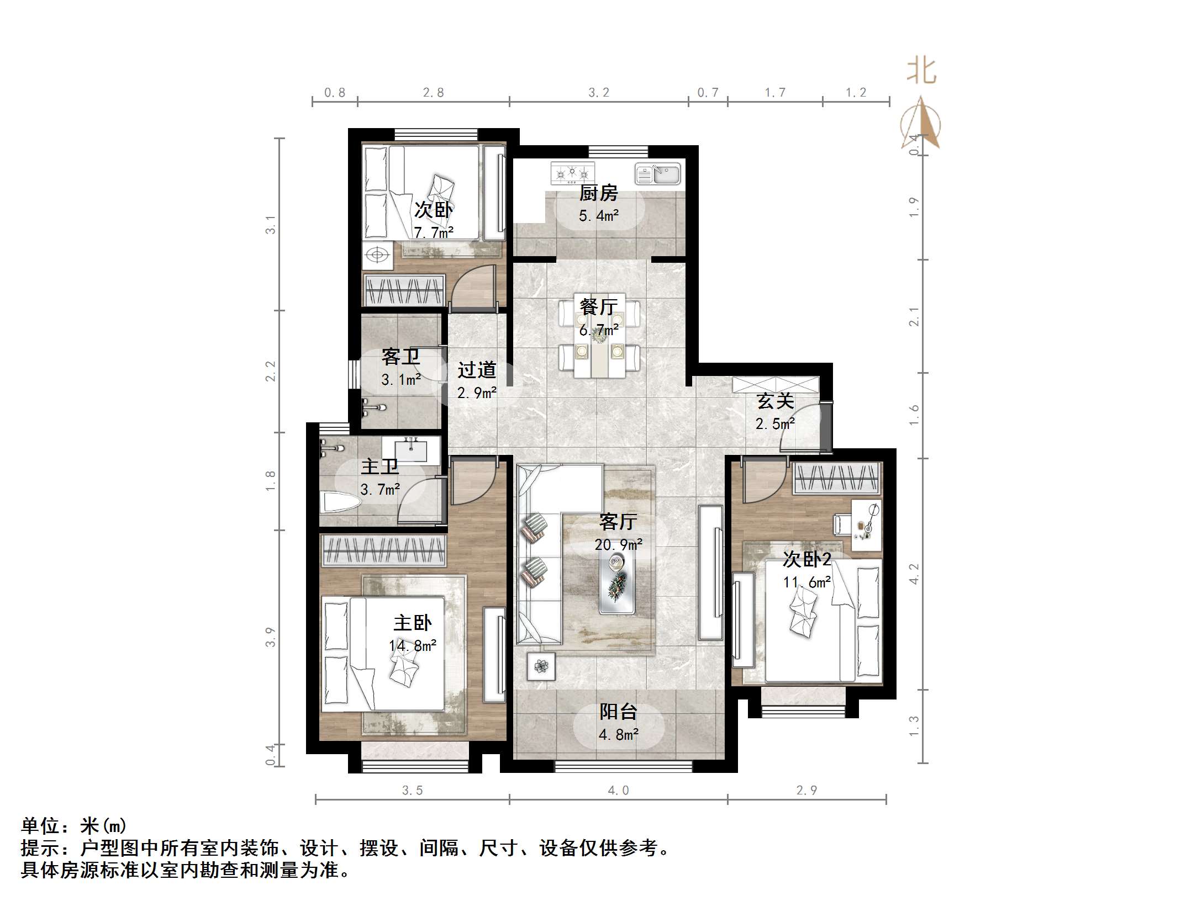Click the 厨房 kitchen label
598,193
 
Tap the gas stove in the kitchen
572,173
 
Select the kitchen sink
657,173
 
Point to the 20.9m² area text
618,545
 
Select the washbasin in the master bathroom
412,449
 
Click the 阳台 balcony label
618,712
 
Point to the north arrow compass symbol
920,124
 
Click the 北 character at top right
921,72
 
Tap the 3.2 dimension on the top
598,93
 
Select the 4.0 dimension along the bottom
618,791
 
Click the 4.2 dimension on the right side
914,574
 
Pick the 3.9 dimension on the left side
270,637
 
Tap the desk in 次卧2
866,524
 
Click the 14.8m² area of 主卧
413,645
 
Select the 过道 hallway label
476,369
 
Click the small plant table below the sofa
541,666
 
